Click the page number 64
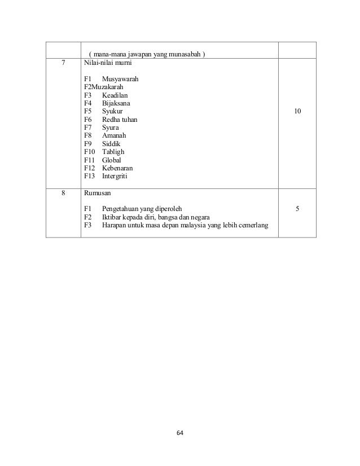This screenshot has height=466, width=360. (x=180, y=433)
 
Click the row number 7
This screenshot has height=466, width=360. (x=63, y=63)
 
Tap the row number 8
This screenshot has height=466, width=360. (x=63, y=192)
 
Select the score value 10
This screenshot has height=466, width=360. (x=297, y=112)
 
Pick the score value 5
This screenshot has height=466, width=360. (x=297, y=209)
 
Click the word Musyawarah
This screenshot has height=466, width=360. (x=120, y=80)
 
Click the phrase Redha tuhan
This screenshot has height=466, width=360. (x=120, y=120)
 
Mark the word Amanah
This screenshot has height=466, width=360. (x=115, y=136)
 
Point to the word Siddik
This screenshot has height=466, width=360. (x=112, y=144)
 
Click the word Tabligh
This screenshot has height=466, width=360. (x=113, y=152)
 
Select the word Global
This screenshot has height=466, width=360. (x=112, y=160)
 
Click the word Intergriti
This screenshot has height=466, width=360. (x=115, y=176)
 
